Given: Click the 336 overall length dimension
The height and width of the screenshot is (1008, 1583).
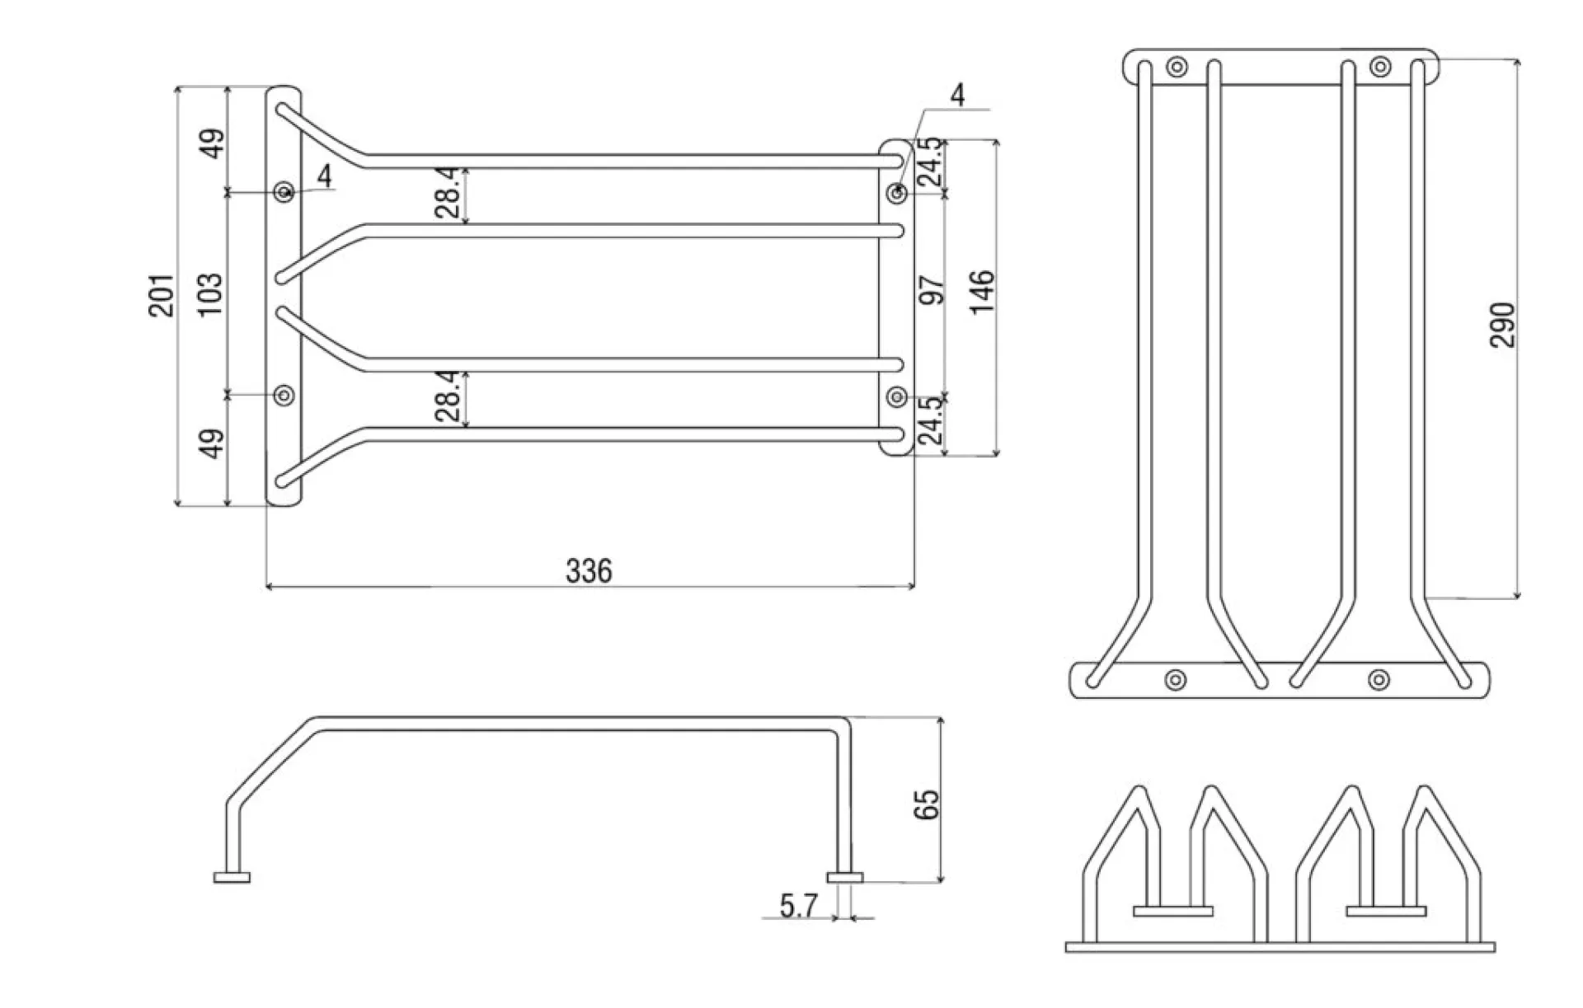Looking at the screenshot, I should click(x=589, y=570).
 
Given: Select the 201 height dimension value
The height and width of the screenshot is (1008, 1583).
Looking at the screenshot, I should click(x=162, y=296).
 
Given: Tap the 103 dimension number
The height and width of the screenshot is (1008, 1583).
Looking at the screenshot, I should click(x=210, y=294).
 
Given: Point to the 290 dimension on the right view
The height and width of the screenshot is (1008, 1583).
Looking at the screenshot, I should click(x=1502, y=326).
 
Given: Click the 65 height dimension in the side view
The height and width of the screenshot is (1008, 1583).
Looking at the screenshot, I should click(x=927, y=804).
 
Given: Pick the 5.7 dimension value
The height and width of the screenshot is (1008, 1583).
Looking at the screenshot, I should click(x=798, y=907).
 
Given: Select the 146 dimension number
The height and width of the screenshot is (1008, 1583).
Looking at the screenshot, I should click(x=982, y=291).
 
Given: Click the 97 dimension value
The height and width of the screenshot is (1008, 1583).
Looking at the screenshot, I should click(x=932, y=291).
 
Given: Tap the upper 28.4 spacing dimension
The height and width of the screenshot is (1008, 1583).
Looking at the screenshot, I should click(x=447, y=192).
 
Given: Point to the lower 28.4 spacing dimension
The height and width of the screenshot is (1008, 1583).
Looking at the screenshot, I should click(x=447, y=396).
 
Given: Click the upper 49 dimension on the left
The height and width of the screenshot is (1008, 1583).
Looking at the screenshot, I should click(x=212, y=143).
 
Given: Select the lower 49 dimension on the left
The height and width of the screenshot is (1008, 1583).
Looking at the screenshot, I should click(x=212, y=443).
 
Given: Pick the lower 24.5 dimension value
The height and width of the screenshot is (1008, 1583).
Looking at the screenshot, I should click(x=930, y=420).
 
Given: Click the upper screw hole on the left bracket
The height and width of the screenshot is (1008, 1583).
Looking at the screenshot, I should click(x=284, y=192).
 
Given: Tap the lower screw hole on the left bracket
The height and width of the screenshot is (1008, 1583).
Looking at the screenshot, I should click(x=284, y=395).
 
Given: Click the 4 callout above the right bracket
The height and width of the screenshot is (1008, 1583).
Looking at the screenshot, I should click(x=956, y=96).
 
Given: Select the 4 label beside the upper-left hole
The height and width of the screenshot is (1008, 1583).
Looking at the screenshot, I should click(x=324, y=176).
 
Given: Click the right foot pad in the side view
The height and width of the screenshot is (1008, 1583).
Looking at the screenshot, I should click(x=845, y=878).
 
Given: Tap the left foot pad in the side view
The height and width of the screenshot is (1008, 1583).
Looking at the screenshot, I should click(x=232, y=878).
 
